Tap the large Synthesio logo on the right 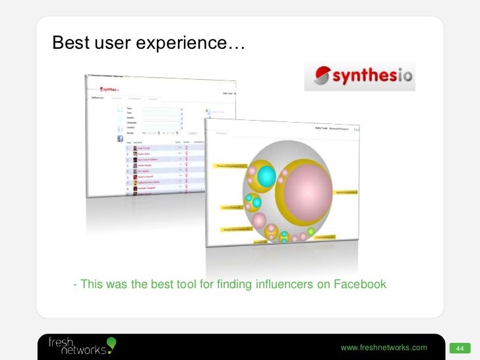coord(359,76)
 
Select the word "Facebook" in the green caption coord(360,285)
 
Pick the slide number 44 coord(459,348)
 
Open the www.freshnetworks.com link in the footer coord(383,347)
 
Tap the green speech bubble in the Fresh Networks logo coord(111,342)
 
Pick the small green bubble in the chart coord(311,231)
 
